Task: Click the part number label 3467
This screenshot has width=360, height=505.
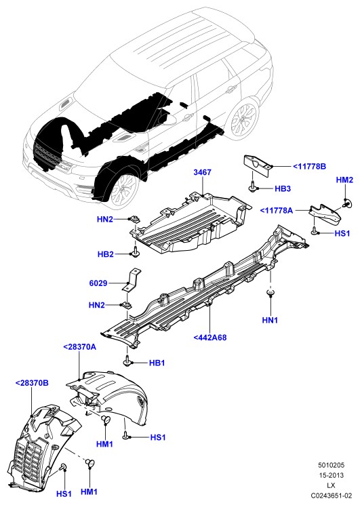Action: pos(202,172)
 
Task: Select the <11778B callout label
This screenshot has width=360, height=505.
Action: pos(309,167)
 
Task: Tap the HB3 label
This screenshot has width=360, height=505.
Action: pos(283,188)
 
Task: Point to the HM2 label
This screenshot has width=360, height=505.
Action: pos(344,180)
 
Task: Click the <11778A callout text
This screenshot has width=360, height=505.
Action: pos(277,211)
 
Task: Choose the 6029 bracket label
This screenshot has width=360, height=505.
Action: pos(98,283)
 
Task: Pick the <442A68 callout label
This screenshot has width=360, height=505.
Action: pos(210,338)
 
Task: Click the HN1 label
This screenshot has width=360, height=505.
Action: pos(270,320)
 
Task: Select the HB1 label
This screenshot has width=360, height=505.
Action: pos(157,363)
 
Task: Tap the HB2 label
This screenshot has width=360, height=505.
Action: pos(106,254)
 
